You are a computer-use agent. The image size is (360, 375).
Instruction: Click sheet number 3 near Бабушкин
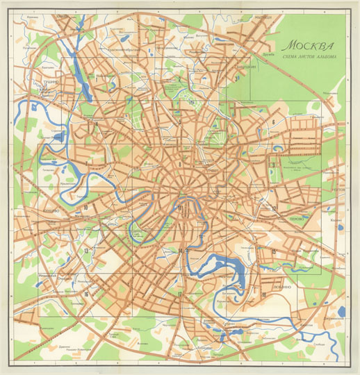coord(238,78)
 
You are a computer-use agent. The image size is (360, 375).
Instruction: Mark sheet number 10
coord(85,208)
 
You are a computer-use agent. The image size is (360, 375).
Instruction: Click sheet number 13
coord(86,251)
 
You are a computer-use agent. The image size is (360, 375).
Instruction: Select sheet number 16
coord(86,294)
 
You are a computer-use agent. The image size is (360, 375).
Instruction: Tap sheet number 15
coord(274,251)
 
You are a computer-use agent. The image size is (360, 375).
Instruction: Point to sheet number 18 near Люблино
coord(264,294)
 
